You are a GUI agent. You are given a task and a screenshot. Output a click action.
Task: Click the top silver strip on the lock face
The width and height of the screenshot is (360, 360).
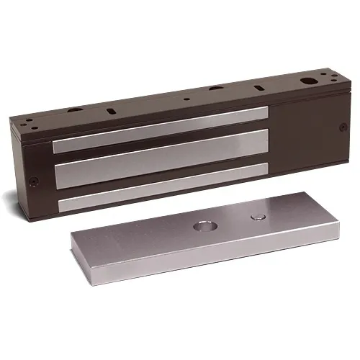(x=158, y=128)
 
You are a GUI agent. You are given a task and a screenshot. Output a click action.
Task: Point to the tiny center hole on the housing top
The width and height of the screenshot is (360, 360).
(x=186, y=99)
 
